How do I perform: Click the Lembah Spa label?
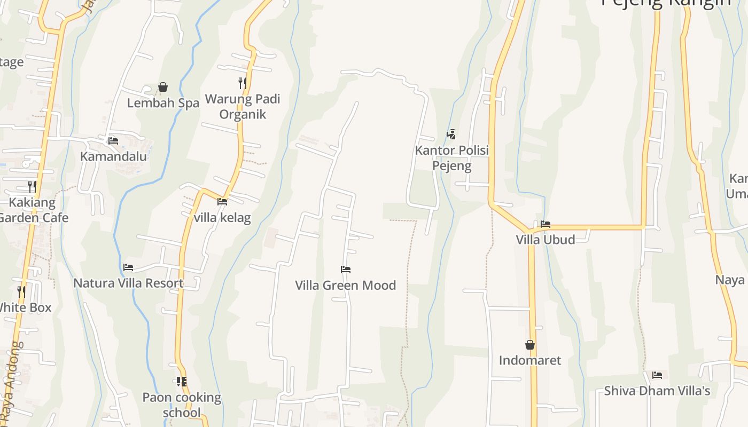point(163,103)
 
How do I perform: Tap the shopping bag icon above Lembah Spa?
point(163,87)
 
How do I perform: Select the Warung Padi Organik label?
point(243,106)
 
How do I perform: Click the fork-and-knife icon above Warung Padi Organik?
point(243,83)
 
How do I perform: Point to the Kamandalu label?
point(113,156)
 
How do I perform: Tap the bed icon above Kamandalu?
point(113,141)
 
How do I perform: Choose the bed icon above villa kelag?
point(222,202)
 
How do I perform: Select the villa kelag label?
point(222,218)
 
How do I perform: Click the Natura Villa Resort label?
point(128,283)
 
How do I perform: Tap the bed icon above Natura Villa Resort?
point(128,267)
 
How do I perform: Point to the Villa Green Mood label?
point(346,285)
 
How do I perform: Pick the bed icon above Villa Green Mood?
point(346,270)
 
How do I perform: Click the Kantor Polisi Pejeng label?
point(452,157)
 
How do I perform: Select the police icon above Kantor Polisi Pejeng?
point(451,134)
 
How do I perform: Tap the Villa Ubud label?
point(546,240)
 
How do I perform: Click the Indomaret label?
point(530,360)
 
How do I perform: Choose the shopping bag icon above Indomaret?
point(530,345)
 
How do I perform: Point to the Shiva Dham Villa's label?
point(657,391)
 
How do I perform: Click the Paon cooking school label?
point(182,405)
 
